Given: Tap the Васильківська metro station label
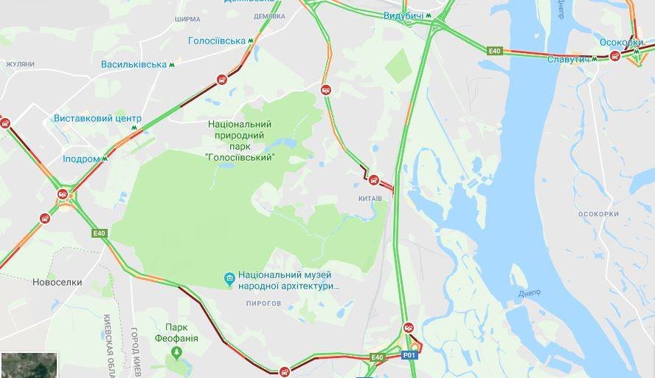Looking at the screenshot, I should tap(134, 64).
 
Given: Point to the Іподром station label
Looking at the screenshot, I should tap(81, 159).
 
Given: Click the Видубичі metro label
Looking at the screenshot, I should tap(403, 16).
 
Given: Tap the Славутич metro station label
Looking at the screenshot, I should tap(568, 58).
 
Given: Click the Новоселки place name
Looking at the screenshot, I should tap(58, 282).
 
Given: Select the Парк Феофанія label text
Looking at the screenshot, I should tap(176, 333).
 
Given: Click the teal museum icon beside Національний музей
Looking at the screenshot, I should tap(229, 278).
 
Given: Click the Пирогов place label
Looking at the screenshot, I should tap(264, 303).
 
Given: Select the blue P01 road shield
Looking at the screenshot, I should tap(409, 355).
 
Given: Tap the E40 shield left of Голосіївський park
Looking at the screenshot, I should tap(100, 233).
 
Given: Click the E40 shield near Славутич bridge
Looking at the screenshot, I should tap(494, 50).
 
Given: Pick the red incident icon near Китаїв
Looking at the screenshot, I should tap(374, 179).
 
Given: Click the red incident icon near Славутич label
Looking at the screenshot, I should tap(614, 56).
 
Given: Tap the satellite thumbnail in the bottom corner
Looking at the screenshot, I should tap(29, 365).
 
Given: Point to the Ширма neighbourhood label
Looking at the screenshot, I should tap(187, 19).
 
